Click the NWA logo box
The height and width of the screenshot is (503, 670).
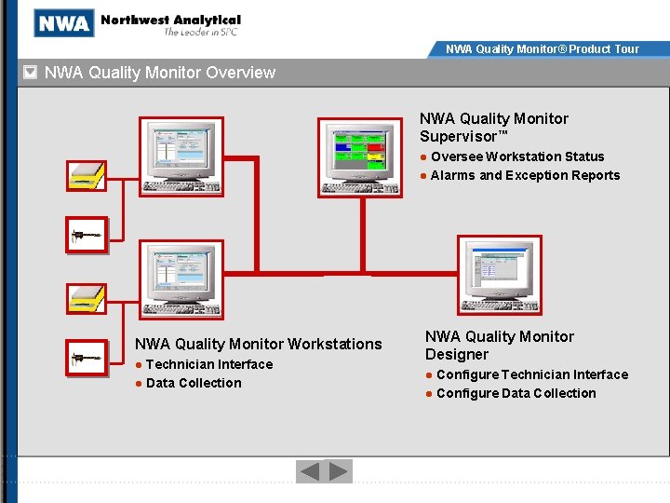[64, 22]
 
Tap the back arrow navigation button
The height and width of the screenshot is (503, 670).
[309, 471]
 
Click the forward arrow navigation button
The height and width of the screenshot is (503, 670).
[340, 471]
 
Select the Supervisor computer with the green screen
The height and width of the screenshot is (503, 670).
[361, 157]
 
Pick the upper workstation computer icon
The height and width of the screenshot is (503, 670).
[181, 156]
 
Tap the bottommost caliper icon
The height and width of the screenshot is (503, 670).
[87, 358]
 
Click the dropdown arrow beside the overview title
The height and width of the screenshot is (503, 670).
[30, 73]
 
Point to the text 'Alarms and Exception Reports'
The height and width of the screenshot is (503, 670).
[525, 175]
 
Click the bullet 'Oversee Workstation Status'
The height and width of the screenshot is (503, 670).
[517, 156]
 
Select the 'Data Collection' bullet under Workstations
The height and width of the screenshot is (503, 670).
[194, 383]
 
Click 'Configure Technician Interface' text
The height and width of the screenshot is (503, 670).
[532, 374]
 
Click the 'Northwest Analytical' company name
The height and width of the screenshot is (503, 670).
[170, 20]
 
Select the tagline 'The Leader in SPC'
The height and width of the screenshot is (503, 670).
[201, 33]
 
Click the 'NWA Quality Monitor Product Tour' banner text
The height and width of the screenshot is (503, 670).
[543, 48]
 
